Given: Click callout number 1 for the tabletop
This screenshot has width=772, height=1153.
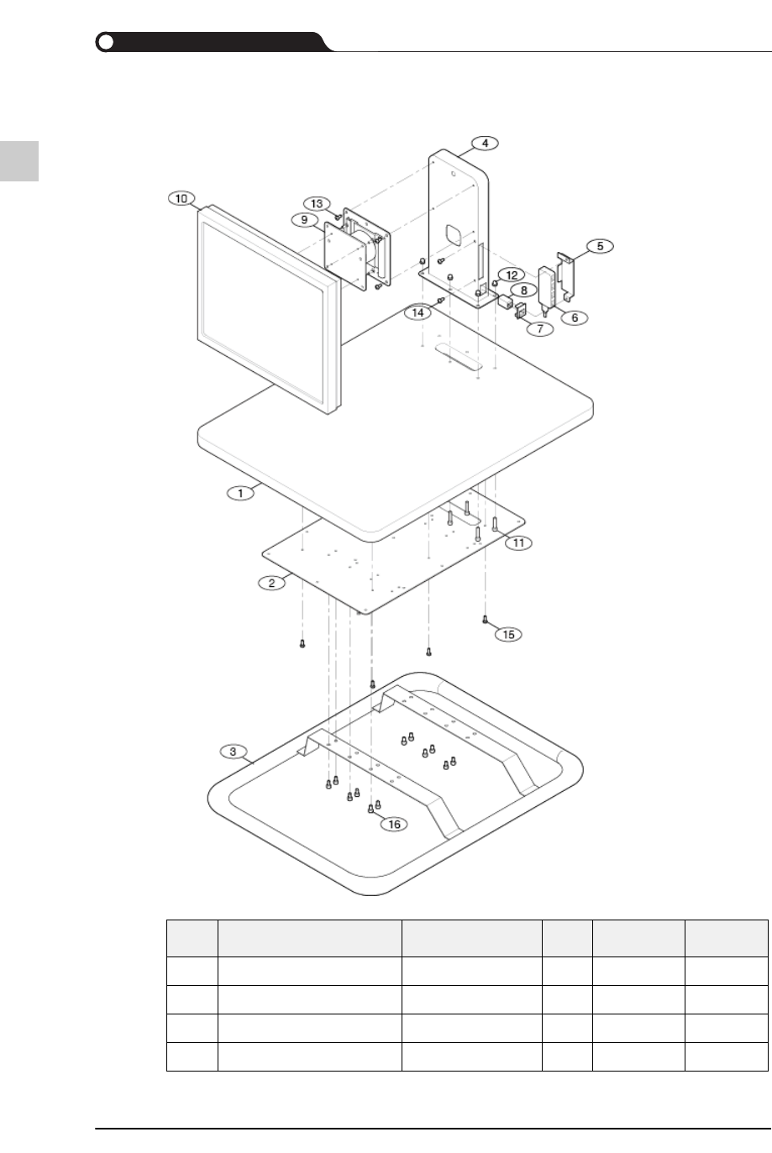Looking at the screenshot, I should [240, 493].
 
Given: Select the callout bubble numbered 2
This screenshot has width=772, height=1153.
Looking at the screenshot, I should [271, 582].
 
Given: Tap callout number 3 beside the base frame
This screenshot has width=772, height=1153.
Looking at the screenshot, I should [234, 750].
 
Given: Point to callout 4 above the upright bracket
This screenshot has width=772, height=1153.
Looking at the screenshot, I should [485, 143].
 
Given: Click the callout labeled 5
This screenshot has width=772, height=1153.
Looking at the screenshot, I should [600, 246].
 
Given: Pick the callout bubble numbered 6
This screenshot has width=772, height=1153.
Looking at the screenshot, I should [575, 317].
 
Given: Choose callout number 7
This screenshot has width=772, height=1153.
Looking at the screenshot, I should [540, 328].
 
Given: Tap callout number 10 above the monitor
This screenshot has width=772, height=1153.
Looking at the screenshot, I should [180, 198].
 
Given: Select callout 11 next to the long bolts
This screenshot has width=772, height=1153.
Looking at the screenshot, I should [518, 542].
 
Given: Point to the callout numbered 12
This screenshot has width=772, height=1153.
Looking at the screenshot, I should [512, 275].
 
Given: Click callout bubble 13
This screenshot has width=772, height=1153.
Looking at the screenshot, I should [317, 204].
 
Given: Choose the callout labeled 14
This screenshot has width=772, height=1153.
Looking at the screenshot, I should [418, 312].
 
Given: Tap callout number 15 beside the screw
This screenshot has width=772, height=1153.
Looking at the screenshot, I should [508, 634].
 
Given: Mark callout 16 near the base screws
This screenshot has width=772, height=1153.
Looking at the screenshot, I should [394, 824].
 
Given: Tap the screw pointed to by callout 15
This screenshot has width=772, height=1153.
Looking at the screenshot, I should [485, 620].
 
